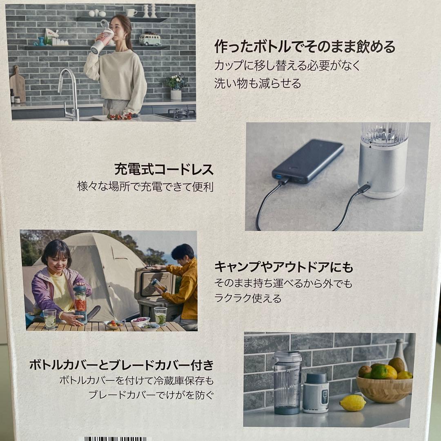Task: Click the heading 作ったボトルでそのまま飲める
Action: coord(305,47)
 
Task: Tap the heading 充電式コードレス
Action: coord(164,169)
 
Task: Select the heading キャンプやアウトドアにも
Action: coord(283,267)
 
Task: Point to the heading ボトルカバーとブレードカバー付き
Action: coord(122,365)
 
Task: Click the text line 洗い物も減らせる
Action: coord(258,84)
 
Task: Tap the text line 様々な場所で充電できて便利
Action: coord(145,187)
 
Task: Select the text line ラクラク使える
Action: coord(248,298)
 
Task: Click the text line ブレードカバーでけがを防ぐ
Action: coord(151,394)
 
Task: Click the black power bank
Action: coord(307,161)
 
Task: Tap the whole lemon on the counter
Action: coord(353,403)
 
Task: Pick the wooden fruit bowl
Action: coord(384,390)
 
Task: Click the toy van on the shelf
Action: coord(150,39)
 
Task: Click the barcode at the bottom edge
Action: coord(116,439)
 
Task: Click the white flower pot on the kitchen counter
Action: coord(176,95)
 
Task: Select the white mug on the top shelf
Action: coord(131,13)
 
